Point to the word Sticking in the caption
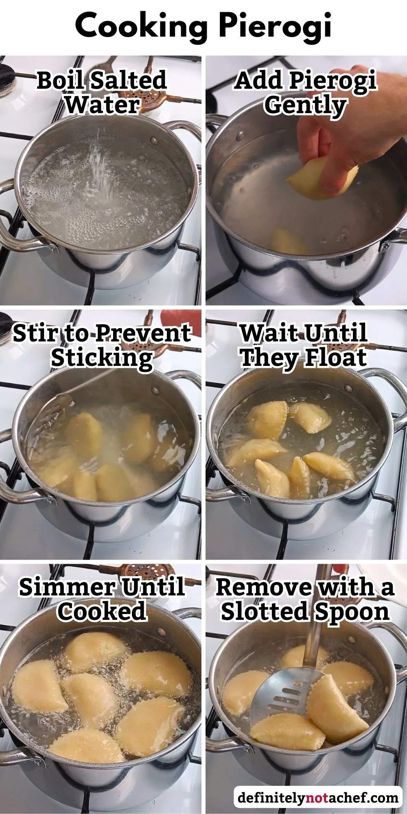[x=102, y=358]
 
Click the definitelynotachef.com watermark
[x=318, y=797]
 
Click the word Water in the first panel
[x=102, y=105]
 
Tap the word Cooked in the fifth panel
[x=102, y=612]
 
